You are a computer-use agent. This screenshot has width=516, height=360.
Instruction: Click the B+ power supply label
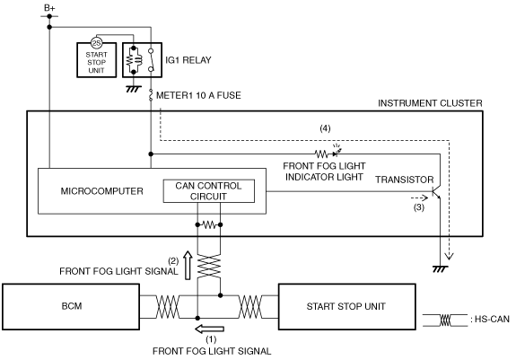click(49, 7)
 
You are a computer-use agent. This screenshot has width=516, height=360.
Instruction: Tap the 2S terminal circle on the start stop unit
click(96, 43)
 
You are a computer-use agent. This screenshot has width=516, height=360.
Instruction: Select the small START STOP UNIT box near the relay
click(96, 60)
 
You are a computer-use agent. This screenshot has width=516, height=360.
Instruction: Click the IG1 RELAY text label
click(188, 60)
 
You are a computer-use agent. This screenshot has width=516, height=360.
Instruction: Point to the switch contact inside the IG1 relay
click(151, 60)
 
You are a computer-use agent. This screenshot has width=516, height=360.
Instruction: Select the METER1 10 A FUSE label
click(198, 95)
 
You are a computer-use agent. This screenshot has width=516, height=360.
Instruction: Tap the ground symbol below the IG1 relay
click(134, 89)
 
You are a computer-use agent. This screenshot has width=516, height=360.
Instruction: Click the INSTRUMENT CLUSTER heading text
click(430, 103)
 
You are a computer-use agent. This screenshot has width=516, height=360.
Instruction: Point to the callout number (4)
click(325, 128)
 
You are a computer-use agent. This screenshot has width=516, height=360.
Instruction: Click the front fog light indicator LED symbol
click(337, 152)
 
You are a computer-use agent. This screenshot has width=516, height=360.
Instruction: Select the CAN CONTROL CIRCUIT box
click(209, 191)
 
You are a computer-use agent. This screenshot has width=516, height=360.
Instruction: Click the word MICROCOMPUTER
click(101, 191)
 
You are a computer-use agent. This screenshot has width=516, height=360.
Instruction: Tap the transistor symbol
click(436, 191)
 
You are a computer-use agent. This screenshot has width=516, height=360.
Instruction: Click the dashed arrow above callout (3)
click(419, 198)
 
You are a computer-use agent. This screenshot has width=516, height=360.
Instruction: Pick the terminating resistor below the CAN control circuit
click(209, 225)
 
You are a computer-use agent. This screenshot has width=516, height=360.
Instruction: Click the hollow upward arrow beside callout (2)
click(188, 265)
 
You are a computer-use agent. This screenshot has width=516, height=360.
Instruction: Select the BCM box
click(71, 307)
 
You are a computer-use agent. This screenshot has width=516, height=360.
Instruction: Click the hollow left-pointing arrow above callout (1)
click(210, 329)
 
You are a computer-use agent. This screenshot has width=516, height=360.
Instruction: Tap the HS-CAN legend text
click(492, 320)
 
